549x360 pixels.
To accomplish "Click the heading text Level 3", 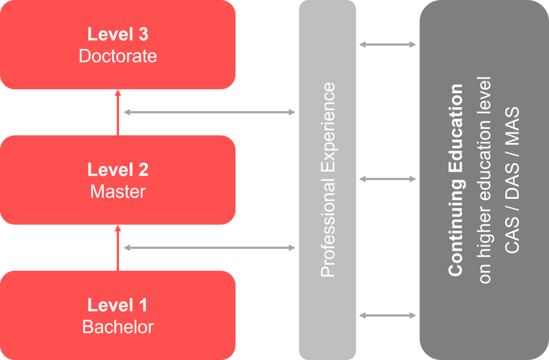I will coord(118,35).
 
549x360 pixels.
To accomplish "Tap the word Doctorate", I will coord(118,56).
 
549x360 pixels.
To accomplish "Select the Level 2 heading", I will coord(118,170).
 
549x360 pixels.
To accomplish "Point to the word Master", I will coord(118,191).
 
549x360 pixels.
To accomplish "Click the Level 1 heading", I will coord(118,305).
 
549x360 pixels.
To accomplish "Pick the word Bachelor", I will coord(118,327).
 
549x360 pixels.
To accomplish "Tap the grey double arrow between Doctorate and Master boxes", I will coord(210,112).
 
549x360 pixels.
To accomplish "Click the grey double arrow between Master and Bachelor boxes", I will coord(210,248).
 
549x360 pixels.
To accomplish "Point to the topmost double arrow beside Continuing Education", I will coord(388,44).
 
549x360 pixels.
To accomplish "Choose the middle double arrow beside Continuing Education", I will coord(388,179).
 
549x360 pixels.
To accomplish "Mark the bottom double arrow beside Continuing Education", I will coord(388,315).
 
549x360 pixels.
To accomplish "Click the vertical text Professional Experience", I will coord(328,180).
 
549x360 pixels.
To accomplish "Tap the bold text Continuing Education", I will coord(456,180).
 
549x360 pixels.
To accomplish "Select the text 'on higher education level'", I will coord(484,180).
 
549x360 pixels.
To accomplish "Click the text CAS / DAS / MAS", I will coord(512,180).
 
